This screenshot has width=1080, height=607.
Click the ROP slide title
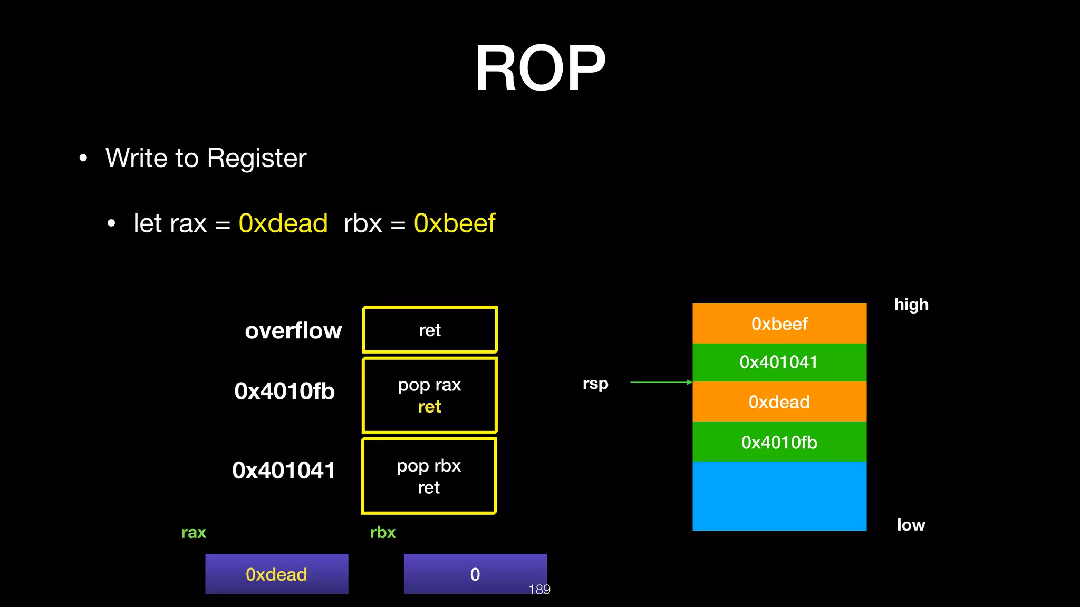tap(540, 68)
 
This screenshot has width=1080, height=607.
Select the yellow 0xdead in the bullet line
tap(283, 223)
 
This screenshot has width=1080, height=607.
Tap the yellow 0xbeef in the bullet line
tap(454, 223)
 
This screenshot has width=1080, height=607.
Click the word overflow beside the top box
tap(293, 331)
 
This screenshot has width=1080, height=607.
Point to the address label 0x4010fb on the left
tap(284, 391)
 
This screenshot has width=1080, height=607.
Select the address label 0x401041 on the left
tap(284, 471)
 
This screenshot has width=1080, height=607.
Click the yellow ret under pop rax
tap(429, 407)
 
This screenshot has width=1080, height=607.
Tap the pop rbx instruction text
tap(429, 466)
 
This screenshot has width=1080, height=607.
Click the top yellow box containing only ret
tap(430, 330)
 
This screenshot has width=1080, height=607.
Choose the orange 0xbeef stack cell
tap(779, 324)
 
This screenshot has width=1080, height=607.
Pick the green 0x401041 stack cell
tap(779, 363)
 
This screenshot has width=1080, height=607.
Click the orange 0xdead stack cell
tap(779, 402)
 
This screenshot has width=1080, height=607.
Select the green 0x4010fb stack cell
tap(779, 442)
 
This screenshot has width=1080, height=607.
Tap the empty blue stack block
tap(779, 496)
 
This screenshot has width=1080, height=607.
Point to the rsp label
tap(595, 384)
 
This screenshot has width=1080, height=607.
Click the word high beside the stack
tap(911, 305)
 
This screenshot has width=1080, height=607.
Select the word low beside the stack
tap(911, 525)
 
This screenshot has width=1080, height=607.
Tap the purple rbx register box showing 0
tap(475, 574)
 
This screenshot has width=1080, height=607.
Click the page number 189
tap(539, 590)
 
